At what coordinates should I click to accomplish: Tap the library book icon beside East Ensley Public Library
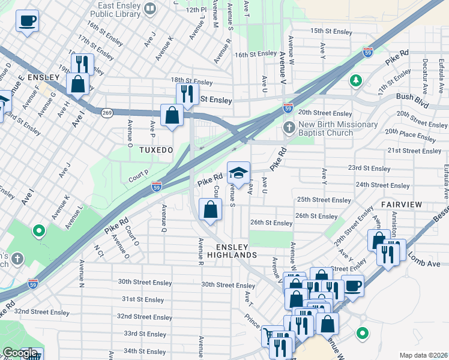pos(150,8)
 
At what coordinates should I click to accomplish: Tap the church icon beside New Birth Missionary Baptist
pos(289,128)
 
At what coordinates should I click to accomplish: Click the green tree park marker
pos(356,80)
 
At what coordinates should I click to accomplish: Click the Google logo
pos(20,353)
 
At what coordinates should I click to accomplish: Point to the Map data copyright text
pos(424,355)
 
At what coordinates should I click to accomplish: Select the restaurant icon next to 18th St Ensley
pos(187,94)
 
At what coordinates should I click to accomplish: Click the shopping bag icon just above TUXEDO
pos(172,114)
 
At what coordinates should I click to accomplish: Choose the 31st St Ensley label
pos(143,299)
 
